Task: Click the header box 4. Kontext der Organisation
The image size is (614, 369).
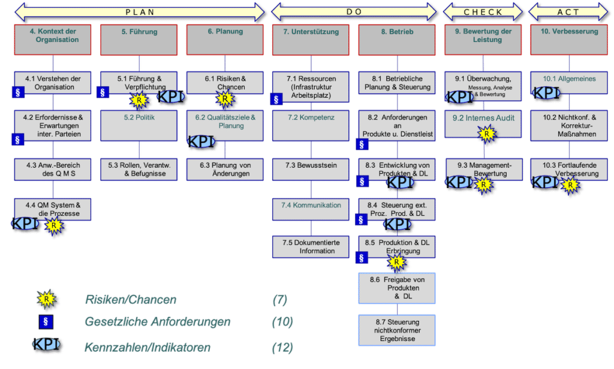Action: (53, 40)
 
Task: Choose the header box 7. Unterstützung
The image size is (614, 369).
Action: (311, 40)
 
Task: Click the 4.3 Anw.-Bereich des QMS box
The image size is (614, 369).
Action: (53, 170)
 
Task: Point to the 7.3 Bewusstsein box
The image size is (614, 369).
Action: (311, 170)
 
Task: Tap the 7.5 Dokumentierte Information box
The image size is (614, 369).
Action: (311, 247)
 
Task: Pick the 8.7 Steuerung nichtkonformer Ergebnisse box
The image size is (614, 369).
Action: (397, 330)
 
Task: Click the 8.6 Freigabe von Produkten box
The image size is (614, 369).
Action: (397, 288)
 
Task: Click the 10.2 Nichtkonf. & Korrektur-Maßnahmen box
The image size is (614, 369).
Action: (568, 126)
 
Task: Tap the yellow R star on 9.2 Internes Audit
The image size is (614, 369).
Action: (486, 134)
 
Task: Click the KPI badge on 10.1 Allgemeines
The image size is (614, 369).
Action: (546, 93)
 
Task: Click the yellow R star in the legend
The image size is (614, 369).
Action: (46, 299)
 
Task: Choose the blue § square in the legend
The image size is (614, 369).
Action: (46, 322)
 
